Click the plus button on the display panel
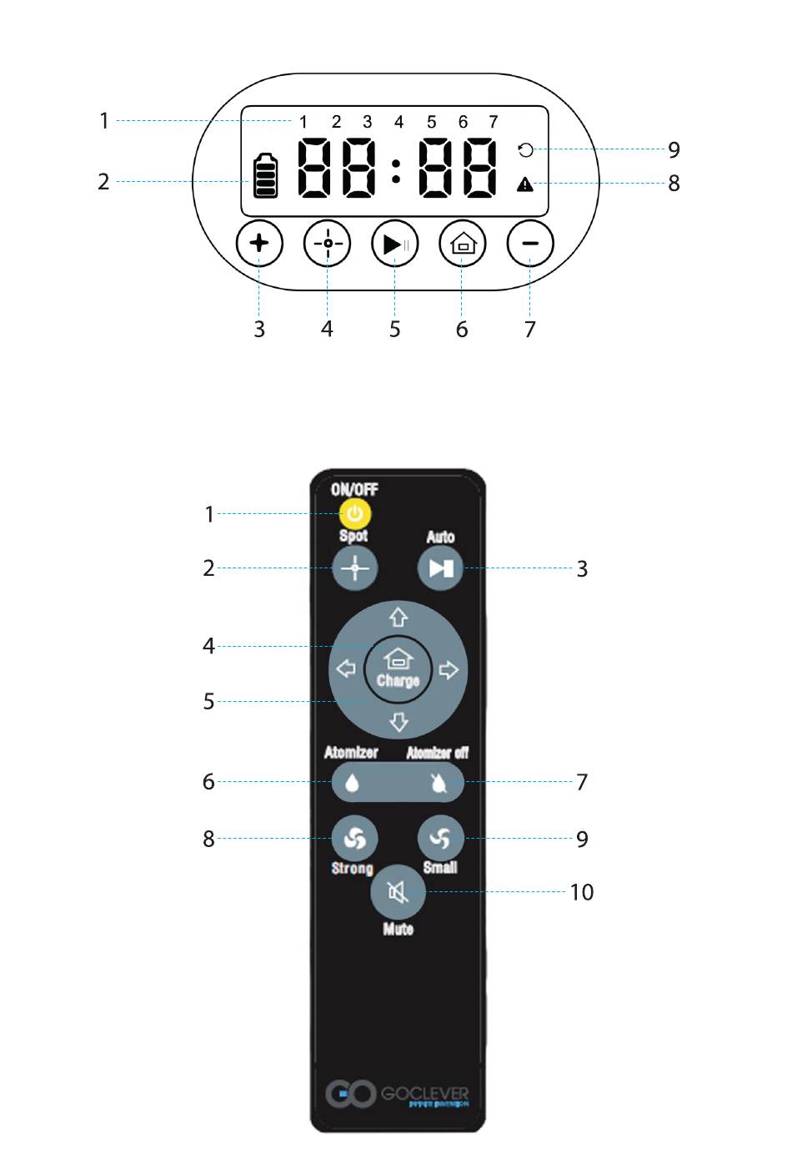pyautogui.click(x=259, y=243)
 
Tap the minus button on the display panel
pyautogui.click(x=530, y=244)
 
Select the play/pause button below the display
pyautogui.click(x=394, y=244)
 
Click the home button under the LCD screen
pyautogui.click(x=463, y=244)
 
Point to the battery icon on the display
pyautogui.click(x=266, y=175)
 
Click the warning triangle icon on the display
pyautogui.click(x=525, y=184)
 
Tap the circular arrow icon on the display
pyautogui.click(x=525, y=150)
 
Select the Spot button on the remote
pyautogui.click(x=355, y=568)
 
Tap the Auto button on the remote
pyautogui.click(x=440, y=568)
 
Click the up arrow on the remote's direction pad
pyautogui.click(x=399, y=618)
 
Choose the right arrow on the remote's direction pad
pyautogui.click(x=449, y=669)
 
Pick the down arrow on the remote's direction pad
pyautogui.click(x=399, y=721)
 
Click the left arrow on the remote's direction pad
pyautogui.click(x=346, y=669)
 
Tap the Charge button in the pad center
pyautogui.click(x=399, y=668)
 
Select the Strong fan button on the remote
pyautogui.click(x=354, y=838)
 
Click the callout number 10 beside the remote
pyautogui.click(x=582, y=892)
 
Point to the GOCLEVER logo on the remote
pyautogui.click(x=398, y=1093)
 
